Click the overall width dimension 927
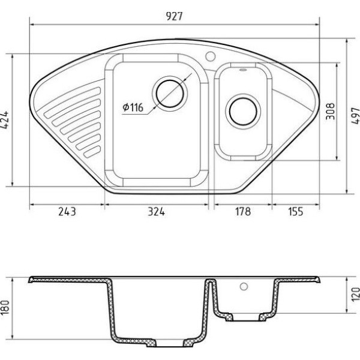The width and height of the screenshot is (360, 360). pos(174,16)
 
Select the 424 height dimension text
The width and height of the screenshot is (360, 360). pos(5,120)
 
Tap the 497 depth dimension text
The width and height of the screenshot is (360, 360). pos(355,116)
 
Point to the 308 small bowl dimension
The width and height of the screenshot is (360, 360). pos(330,112)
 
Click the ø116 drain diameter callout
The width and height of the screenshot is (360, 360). pos(133,107)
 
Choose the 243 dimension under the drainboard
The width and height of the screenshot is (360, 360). pos(67,211)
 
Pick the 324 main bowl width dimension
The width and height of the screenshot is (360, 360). pos(156,211)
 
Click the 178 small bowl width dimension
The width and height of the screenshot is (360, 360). pos(243,211)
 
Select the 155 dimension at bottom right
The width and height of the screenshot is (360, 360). pos(296,211)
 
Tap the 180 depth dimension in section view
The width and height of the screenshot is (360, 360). pos(5,307)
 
